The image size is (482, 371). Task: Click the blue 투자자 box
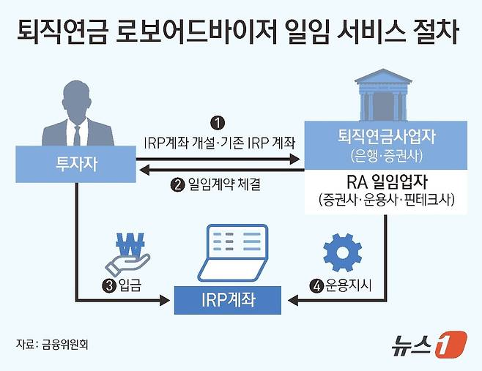pyautogui.click(x=75, y=165)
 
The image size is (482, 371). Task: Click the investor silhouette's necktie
pyautogui.click(x=76, y=135)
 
